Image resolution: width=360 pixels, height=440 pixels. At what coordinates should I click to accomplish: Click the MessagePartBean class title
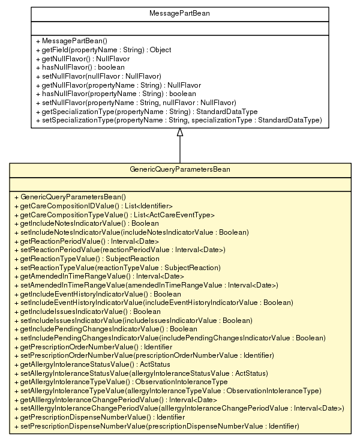click(x=179, y=12)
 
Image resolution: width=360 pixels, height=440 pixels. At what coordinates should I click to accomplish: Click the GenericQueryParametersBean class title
click(x=179, y=170)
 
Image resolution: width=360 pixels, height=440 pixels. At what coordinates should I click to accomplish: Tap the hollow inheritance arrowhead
click(x=179, y=132)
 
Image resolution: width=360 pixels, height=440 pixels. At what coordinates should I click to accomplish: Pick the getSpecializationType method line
click(x=146, y=112)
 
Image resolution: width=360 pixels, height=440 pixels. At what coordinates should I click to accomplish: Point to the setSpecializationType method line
click(x=179, y=121)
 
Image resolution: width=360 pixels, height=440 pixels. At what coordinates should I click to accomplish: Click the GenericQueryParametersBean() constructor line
click(x=73, y=197)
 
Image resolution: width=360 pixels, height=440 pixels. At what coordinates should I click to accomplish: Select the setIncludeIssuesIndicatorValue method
click(x=128, y=321)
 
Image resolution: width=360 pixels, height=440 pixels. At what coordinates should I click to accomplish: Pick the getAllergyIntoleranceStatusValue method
click(x=91, y=364)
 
